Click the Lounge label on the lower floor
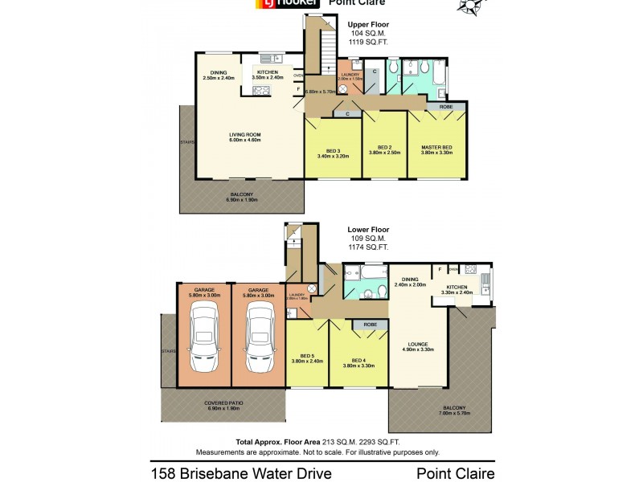418,348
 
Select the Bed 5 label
306,357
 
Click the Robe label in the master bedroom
446,106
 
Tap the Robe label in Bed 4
371,325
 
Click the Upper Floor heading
368,25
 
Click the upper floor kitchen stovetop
262,91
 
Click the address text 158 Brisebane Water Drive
241,473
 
